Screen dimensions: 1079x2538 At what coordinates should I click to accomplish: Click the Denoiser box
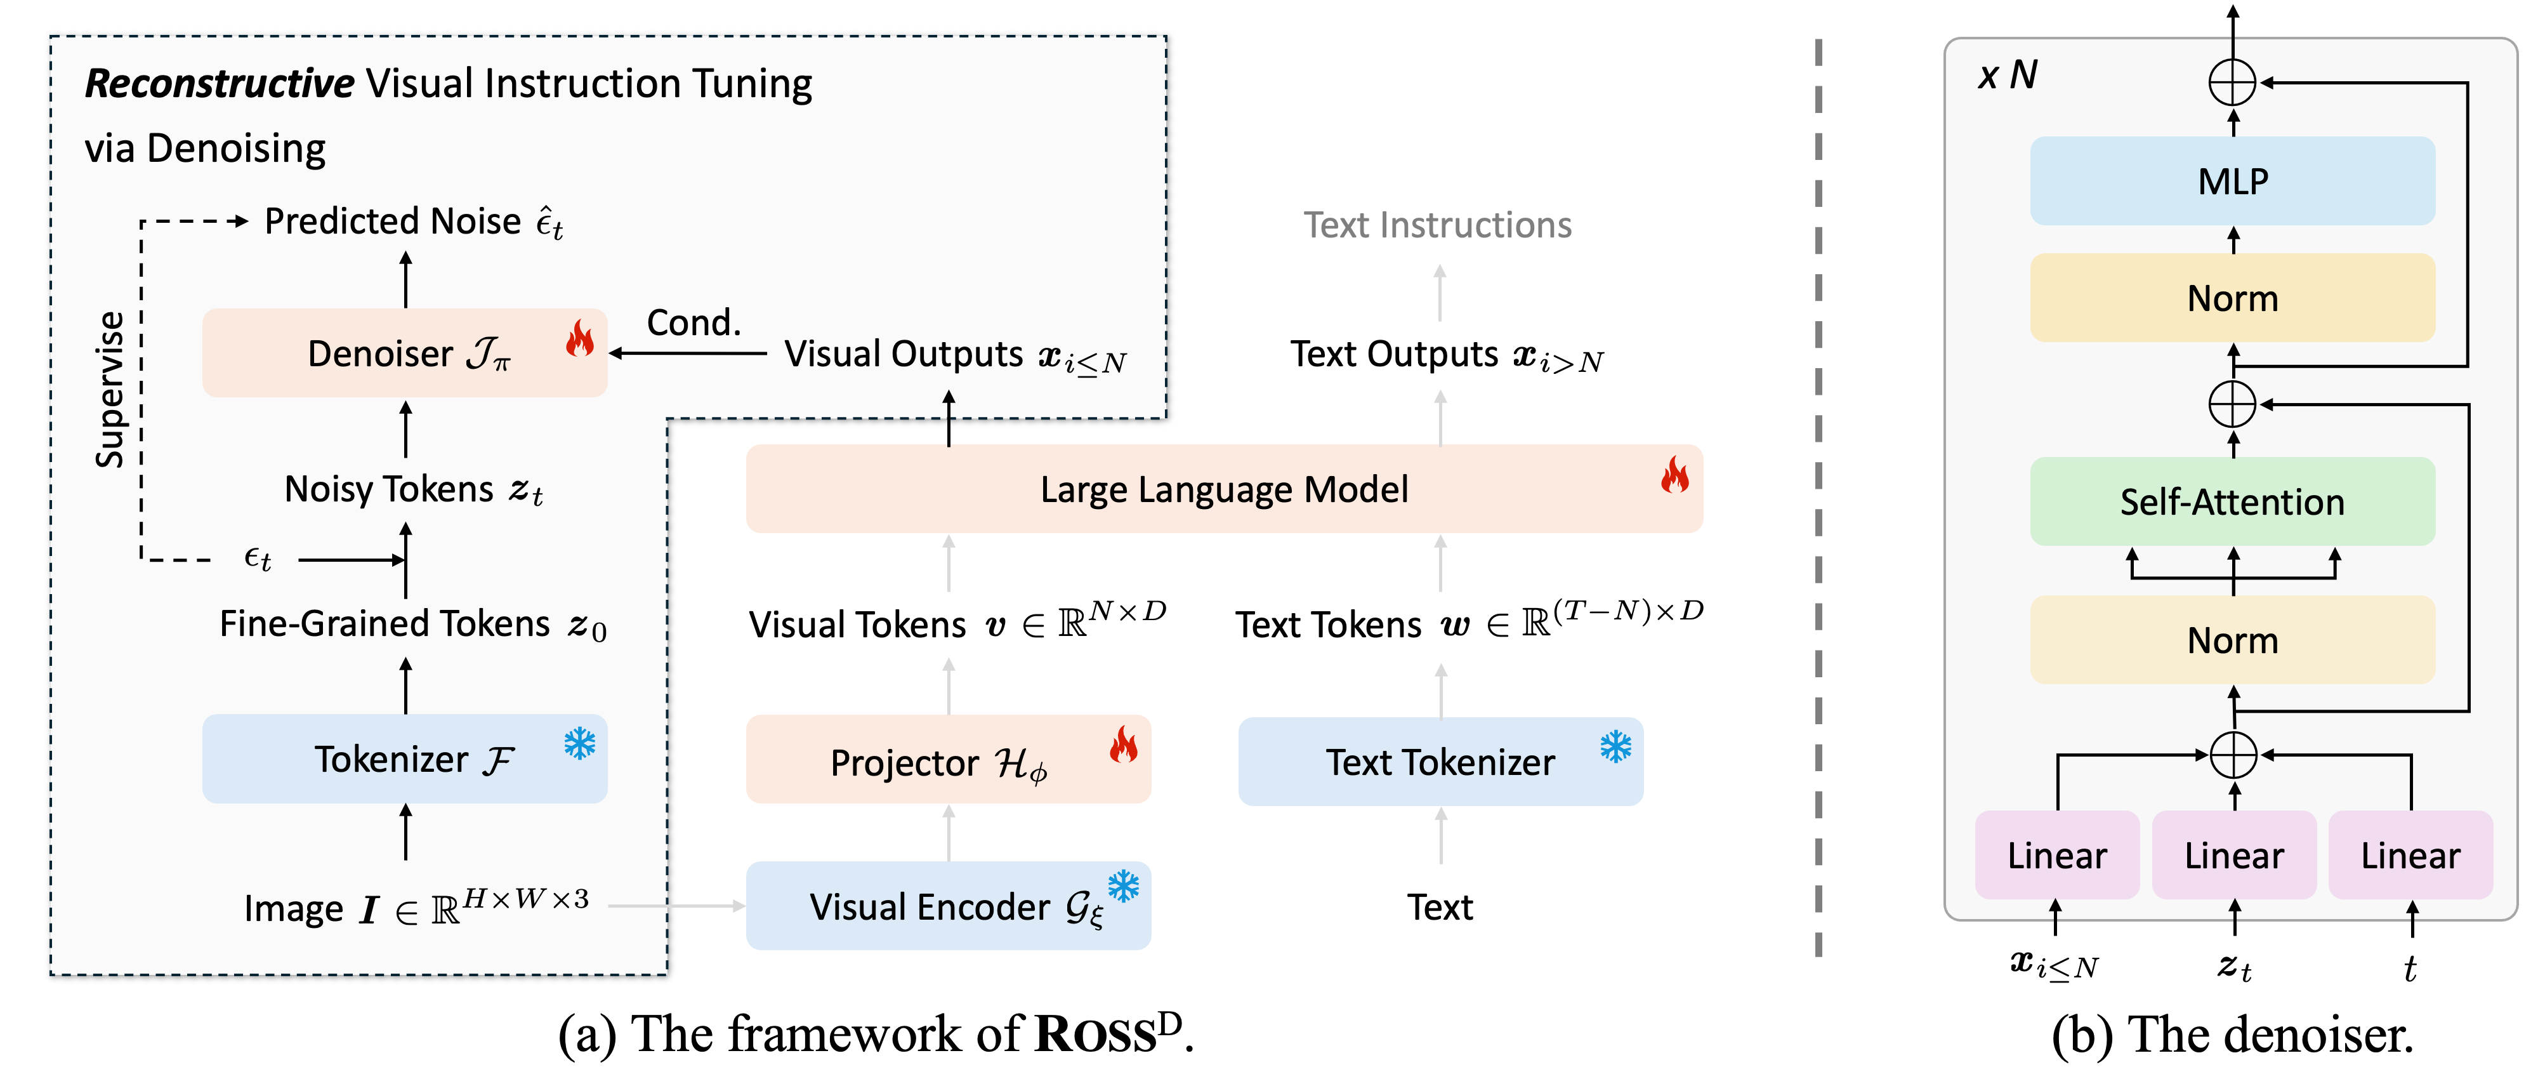404,353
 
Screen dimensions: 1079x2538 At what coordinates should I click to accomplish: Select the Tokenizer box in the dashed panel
404,758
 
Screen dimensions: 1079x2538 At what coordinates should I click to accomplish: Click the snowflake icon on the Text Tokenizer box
1616,746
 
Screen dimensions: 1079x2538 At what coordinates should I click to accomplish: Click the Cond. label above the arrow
694,323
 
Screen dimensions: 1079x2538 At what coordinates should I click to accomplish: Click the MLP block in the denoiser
2233,182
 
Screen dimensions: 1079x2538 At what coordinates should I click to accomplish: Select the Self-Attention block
2233,501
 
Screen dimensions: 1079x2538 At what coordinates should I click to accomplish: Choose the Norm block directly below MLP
2233,298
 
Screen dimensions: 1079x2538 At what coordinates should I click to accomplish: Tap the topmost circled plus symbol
2233,83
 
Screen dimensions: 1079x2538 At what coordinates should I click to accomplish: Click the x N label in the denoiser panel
2008,75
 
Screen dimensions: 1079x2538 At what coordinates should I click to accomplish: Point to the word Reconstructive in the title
219,84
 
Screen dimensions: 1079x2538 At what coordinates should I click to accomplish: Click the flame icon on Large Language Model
1675,476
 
